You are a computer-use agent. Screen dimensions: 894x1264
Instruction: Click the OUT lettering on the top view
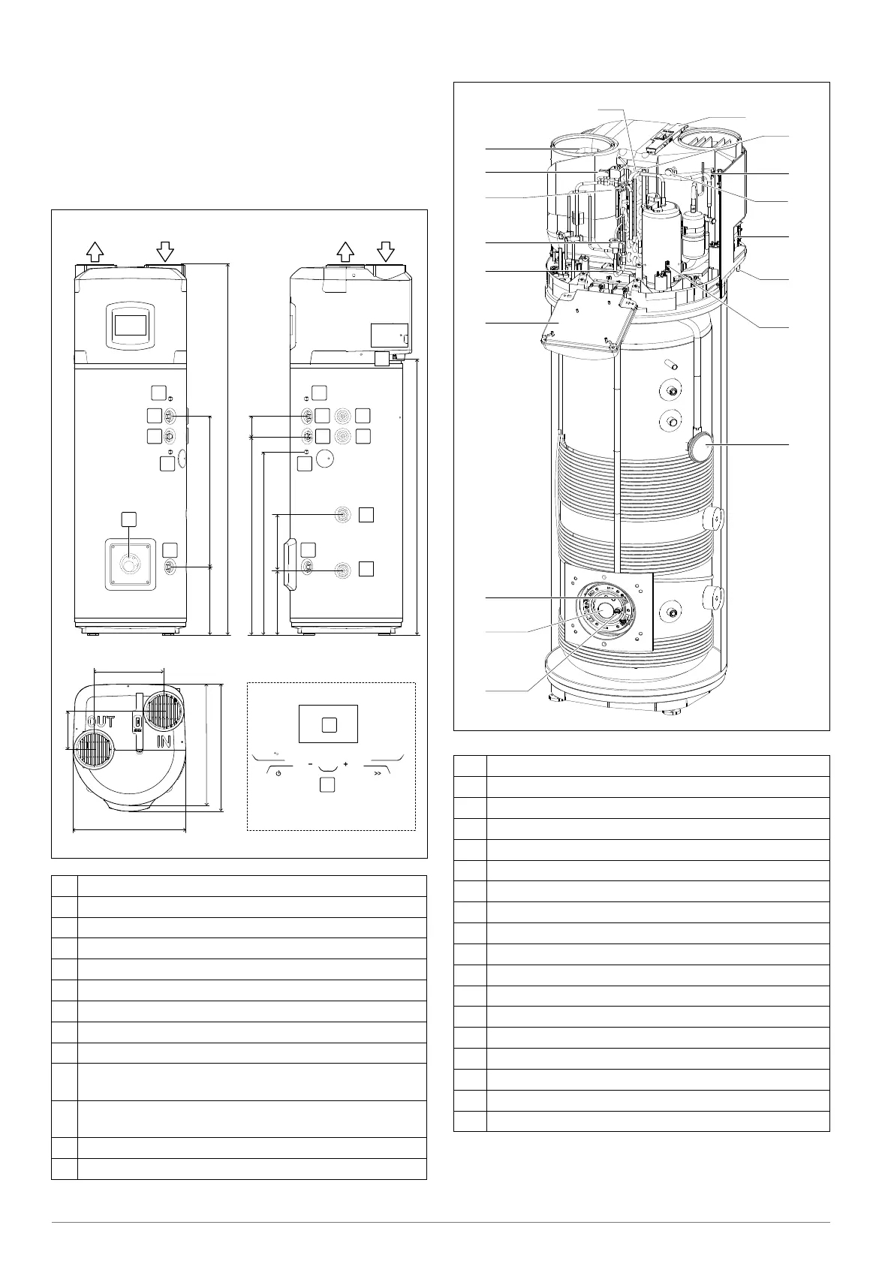100,721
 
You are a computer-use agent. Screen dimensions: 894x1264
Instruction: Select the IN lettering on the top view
165,742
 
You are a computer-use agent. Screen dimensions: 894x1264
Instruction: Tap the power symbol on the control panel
278,772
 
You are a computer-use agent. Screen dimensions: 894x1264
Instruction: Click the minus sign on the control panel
309,764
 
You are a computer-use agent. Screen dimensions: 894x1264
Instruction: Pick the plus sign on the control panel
346,764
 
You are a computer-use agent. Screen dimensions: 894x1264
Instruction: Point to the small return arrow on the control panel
276,754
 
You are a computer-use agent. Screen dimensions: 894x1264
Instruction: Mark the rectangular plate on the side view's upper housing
390,334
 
